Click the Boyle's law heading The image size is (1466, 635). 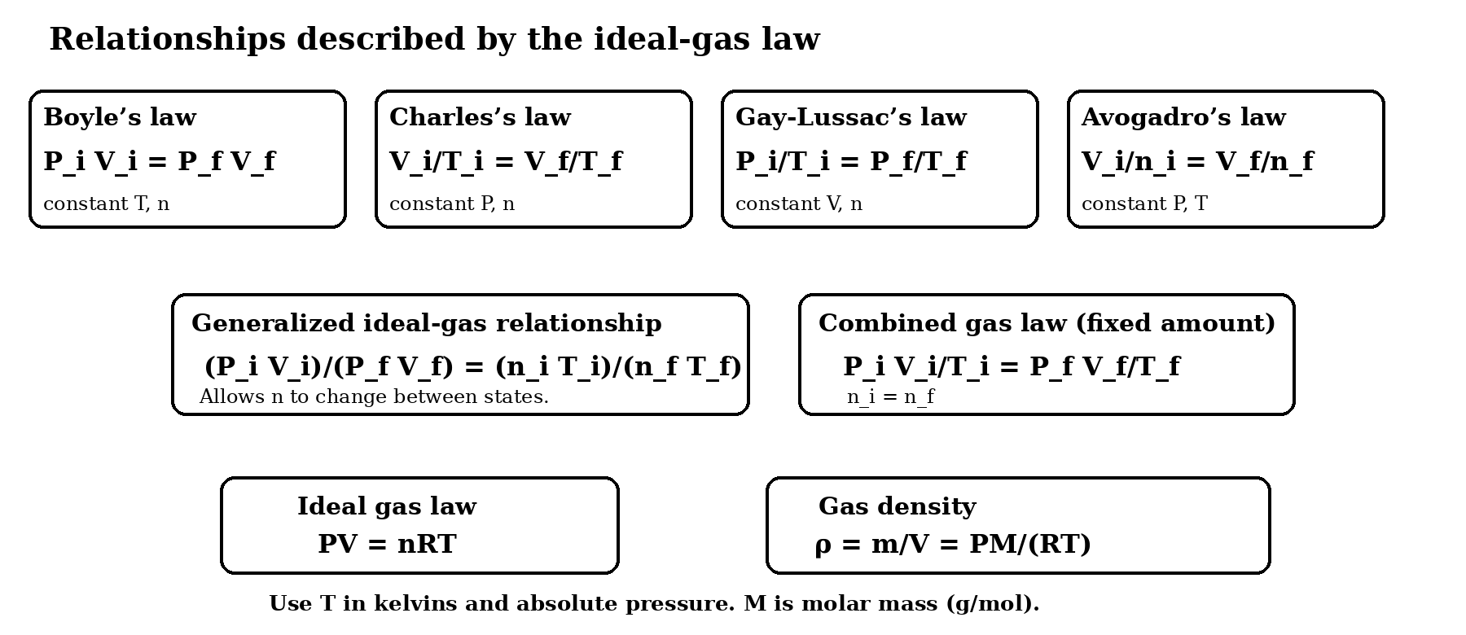pos(120,117)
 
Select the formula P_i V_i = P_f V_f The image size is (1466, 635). pos(160,161)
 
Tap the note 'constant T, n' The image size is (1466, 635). pos(107,204)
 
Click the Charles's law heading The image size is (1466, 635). pos(480,117)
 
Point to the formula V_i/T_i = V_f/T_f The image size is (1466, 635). pos(506,161)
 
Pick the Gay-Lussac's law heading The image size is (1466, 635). pos(851,117)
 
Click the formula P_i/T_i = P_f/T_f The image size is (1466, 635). pos(851,161)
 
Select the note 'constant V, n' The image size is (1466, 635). pos(799,204)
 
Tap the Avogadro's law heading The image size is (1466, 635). pos(1183,117)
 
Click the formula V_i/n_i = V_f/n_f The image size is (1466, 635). pos(1197,161)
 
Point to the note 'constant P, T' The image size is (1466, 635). pos(1144,204)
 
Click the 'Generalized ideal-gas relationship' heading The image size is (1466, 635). pos(427,323)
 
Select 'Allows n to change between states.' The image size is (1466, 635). pos(374,396)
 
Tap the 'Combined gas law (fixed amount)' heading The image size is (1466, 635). pos(1047,323)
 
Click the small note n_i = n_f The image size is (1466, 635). pos(891,397)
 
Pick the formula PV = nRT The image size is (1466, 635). pos(388,544)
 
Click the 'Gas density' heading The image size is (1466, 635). pos(897,506)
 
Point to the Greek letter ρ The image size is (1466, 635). pos(823,545)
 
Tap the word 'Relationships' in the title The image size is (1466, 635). pos(168,39)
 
